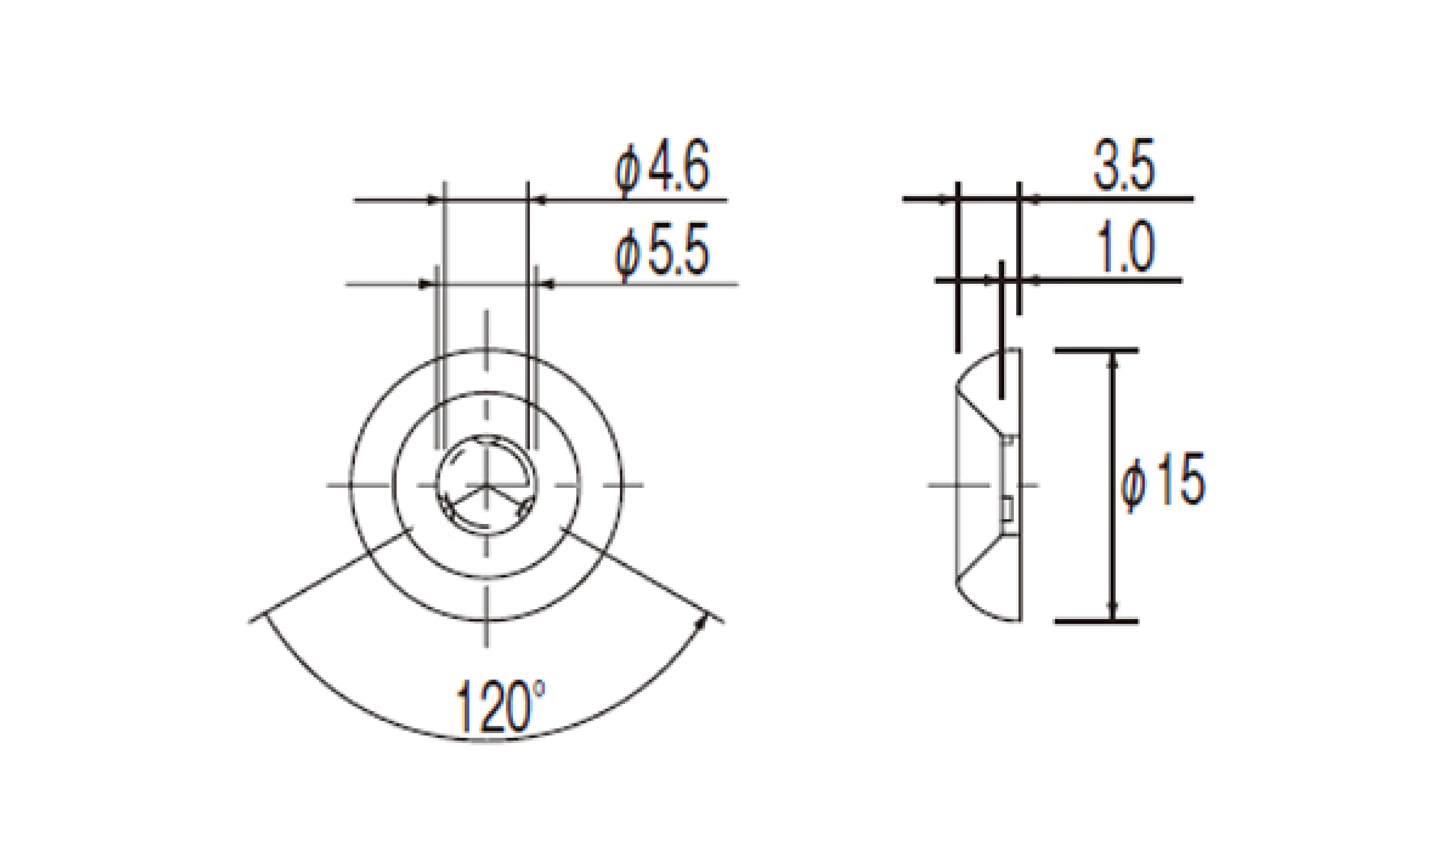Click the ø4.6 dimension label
(x=662, y=167)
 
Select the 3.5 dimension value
(x=1123, y=165)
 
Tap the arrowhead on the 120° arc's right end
(x=702, y=623)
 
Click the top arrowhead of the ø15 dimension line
(x=1114, y=362)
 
